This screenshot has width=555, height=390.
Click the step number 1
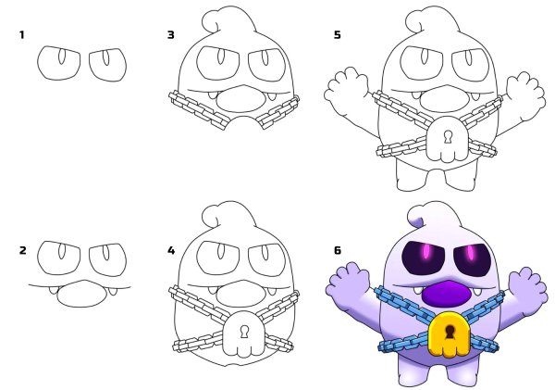point(22,35)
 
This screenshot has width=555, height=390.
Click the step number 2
point(22,250)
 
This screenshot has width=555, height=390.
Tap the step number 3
point(171,35)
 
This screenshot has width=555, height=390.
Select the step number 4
point(171,250)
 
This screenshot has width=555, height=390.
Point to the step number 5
point(338,35)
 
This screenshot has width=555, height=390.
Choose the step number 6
point(338,250)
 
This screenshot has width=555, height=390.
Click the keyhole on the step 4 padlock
point(244,332)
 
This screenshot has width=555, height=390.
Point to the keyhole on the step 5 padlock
point(449,137)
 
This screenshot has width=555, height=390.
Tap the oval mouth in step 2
point(81,294)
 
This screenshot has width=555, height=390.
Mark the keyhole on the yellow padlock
point(450,331)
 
